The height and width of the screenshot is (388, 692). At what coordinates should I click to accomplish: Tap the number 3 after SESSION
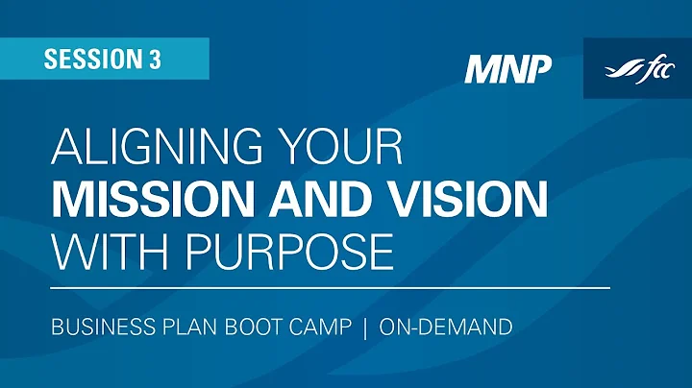point(155,60)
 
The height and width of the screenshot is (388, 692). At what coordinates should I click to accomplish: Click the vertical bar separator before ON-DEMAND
point(364,327)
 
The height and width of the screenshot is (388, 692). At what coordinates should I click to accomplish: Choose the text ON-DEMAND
point(445,327)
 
